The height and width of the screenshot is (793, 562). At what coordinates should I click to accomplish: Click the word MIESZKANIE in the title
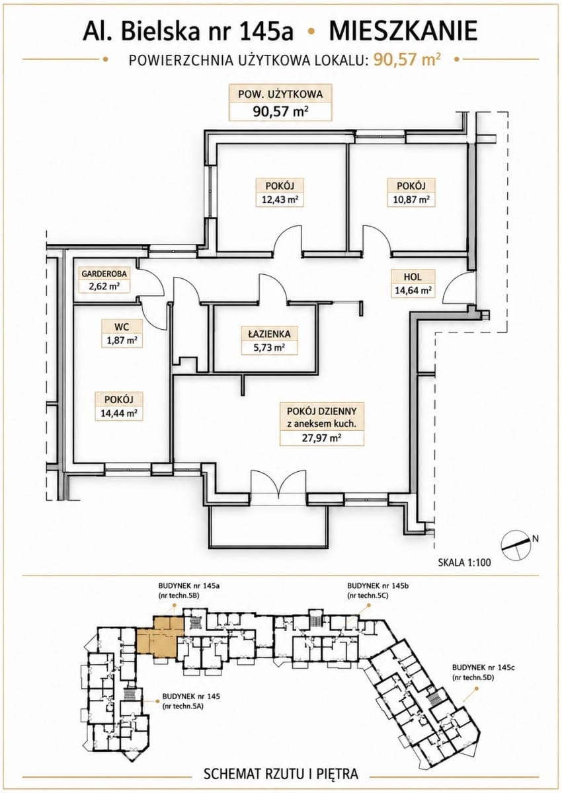pyautogui.click(x=403, y=31)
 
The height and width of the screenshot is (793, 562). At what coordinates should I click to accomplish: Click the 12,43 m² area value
pyautogui.click(x=280, y=200)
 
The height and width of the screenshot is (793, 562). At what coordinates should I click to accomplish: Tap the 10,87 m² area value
pyautogui.click(x=411, y=200)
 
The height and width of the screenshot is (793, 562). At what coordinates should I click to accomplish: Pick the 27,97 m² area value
pyautogui.click(x=322, y=438)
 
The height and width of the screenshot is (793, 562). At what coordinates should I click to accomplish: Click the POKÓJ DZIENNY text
pyautogui.click(x=321, y=411)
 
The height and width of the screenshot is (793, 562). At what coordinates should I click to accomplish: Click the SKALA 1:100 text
pyautogui.click(x=464, y=668)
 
